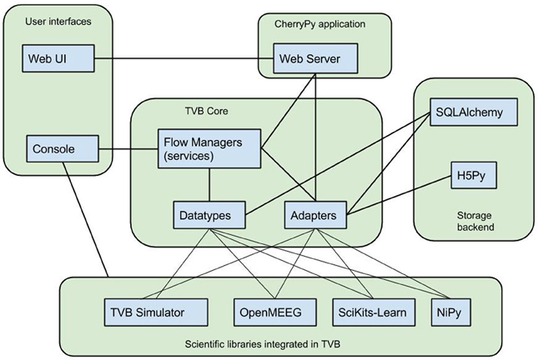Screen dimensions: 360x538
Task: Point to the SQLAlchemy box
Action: (x=471, y=111)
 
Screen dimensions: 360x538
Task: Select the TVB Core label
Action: (x=207, y=111)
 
